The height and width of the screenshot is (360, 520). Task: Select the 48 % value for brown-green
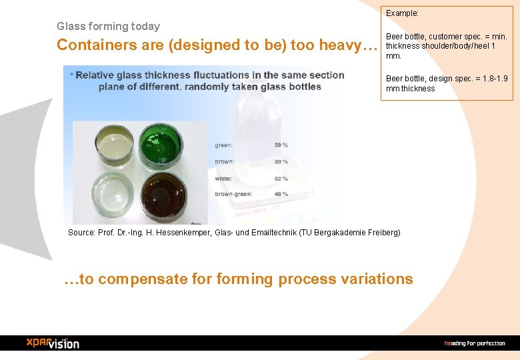pos(281,194)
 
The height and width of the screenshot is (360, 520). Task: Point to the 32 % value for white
pos(281,178)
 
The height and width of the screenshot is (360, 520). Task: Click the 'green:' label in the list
pos(223,145)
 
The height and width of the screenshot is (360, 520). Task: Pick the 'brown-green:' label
pos(233,194)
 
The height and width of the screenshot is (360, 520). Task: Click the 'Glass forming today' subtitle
pos(108,27)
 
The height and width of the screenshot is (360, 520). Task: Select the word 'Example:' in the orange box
pos(403,13)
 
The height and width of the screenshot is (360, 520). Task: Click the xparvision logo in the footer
pos(53,343)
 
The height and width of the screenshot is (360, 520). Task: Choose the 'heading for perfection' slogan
pos(474,343)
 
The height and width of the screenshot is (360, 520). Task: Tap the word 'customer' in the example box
pos(445,36)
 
